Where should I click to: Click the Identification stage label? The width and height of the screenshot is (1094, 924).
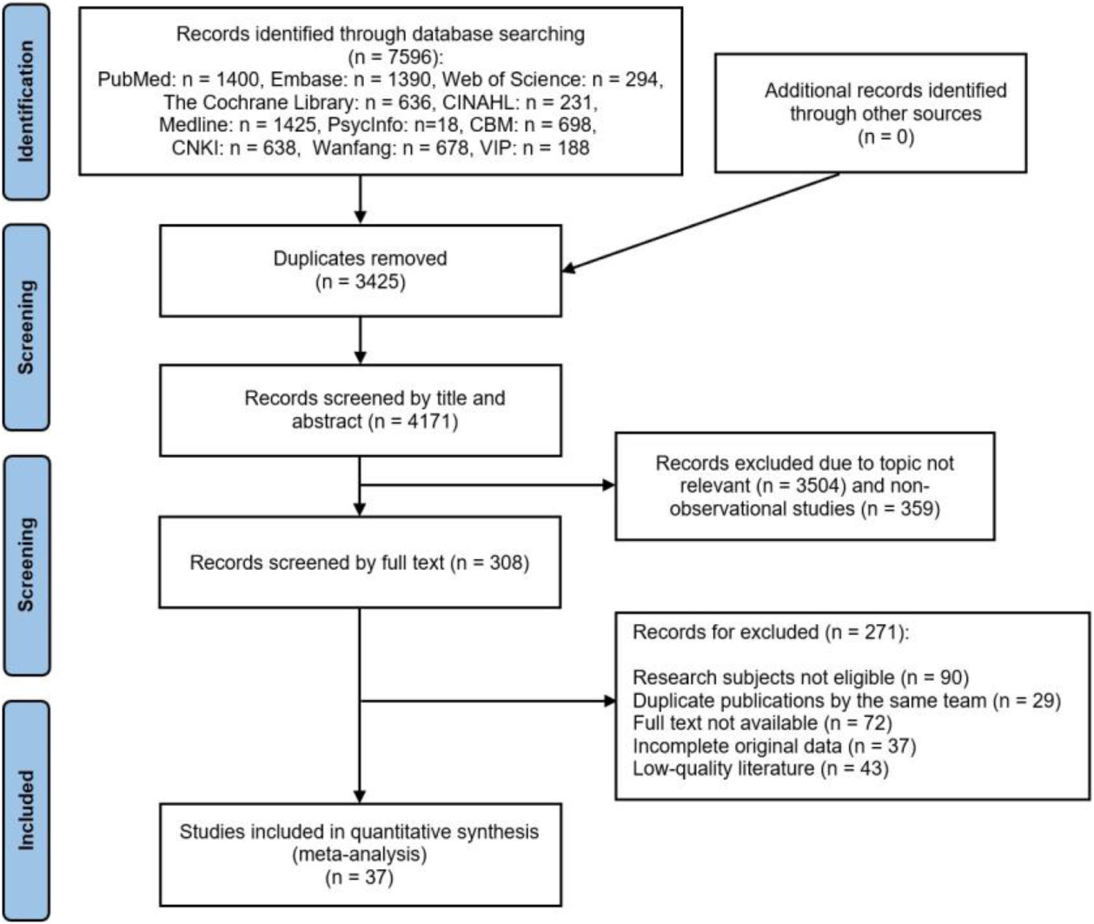26,101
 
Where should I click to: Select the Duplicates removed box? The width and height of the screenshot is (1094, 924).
360,271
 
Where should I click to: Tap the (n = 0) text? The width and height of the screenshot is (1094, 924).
886,137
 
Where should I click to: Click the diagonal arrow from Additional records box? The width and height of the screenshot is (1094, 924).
700,222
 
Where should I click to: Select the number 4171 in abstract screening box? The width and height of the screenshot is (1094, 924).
426,421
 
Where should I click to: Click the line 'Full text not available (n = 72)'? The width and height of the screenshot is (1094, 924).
762,723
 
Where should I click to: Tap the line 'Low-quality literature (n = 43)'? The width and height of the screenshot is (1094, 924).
760,768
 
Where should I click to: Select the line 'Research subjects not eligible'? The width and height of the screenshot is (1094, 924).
764,678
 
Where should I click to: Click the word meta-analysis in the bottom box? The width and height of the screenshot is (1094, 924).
360,854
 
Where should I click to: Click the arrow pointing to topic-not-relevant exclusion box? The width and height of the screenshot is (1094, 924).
487,485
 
